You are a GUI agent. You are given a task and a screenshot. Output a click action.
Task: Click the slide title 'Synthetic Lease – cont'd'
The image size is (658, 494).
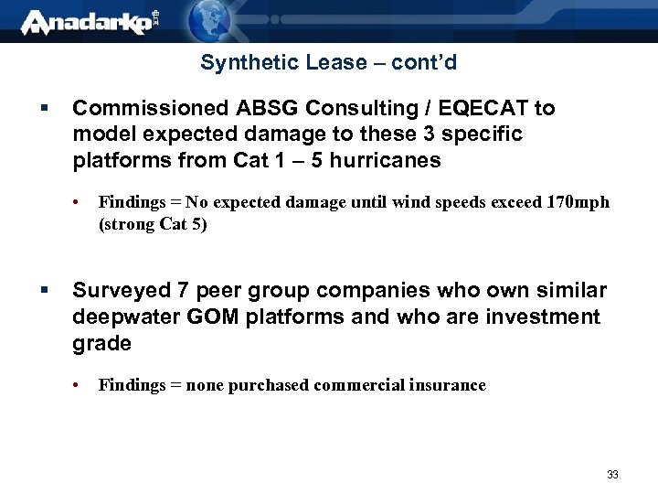pyautogui.click(x=328, y=63)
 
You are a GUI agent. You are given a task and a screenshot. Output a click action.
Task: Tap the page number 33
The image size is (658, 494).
pyautogui.click(x=612, y=475)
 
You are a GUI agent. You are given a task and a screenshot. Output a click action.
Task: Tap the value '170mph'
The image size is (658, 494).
pyautogui.click(x=576, y=202)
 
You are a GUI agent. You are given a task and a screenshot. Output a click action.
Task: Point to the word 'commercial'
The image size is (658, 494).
pyautogui.click(x=355, y=385)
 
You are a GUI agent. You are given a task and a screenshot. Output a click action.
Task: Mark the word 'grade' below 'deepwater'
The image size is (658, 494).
pyautogui.click(x=102, y=343)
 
